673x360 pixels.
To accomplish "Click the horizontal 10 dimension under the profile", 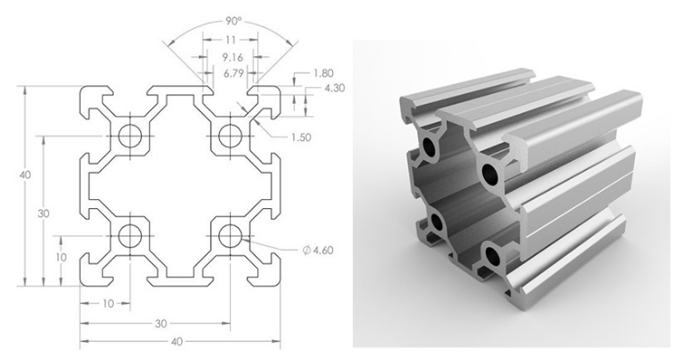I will pos(107,303).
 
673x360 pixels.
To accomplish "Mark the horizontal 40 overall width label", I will pos(178,341).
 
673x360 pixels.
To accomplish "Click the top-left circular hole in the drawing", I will pos(127,136).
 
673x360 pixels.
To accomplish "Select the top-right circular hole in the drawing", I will pos(228,136).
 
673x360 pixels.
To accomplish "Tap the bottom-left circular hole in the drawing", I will pos(127,237).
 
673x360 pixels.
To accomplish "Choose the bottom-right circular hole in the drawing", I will pos(228,237).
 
